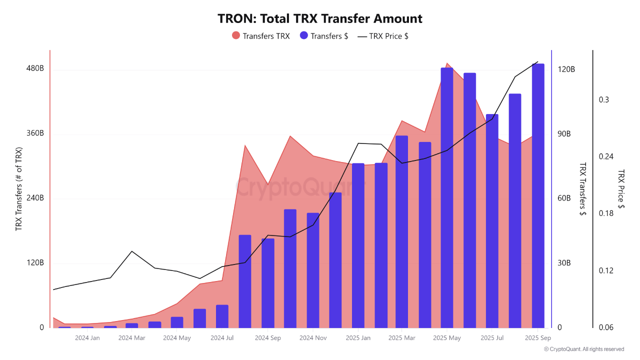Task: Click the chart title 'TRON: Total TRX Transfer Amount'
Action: pos(320,19)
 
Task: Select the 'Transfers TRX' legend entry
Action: pos(260,36)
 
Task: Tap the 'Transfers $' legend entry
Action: pos(323,36)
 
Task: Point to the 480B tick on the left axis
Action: pos(35,68)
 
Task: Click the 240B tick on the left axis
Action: pos(35,198)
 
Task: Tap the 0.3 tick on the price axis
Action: pos(604,100)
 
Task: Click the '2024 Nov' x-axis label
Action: pos(313,338)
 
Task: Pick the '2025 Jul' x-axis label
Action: pos(492,338)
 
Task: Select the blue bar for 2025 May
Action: pos(447,200)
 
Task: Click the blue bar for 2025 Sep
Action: pos(538,197)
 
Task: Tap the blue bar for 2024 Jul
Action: pos(222,316)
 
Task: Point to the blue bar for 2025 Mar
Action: pos(401,232)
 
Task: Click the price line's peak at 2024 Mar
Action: pos(132,251)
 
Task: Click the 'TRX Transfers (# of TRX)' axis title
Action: pos(19,188)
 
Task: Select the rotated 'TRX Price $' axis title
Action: pos(621,188)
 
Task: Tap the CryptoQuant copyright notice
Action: pos(584,349)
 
